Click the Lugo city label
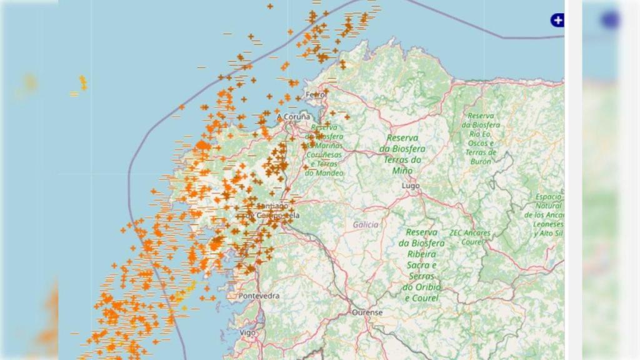(x=411, y=186)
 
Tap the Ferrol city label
(x=316, y=94)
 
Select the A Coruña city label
(x=294, y=117)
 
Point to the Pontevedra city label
(x=259, y=296)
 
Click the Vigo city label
(x=247, y=333)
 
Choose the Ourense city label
(x=367, y=312)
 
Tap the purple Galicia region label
(x=366, y=224)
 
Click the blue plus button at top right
(x=557, y=21)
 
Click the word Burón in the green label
(x=481, y=161)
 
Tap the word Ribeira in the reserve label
(x=422, y=254)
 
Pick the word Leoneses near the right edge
(x=549, y=224)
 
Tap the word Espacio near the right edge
(x=548, y=197)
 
